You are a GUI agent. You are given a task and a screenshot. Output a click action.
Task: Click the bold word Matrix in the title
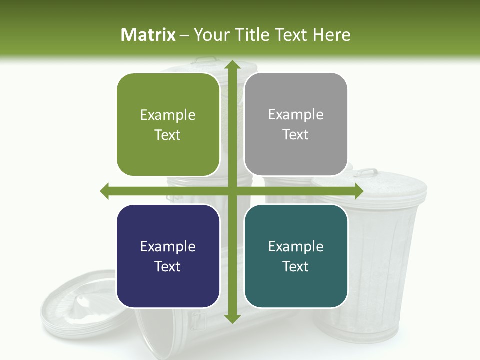click(148, 35)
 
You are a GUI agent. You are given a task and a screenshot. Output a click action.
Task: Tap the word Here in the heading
click(331, 35)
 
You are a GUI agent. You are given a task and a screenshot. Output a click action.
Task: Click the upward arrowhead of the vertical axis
click(232, 64)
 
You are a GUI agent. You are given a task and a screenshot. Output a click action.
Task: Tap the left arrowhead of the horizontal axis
click(105, 191)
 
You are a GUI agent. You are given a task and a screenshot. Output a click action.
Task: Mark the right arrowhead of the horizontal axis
click(358, 191)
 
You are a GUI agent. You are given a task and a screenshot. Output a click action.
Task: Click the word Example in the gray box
click(296, 115)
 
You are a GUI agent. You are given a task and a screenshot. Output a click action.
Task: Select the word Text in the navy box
click(168, 266)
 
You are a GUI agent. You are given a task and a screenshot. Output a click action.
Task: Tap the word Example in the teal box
click(296, 246)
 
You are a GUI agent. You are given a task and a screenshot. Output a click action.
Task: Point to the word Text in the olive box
click(168, 135)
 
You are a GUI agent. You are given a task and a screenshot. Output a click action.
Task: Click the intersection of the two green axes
click(232, 191)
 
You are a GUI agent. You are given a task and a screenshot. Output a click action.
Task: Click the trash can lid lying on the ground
click(80, 305)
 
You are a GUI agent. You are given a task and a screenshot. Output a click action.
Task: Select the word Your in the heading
click(208, 35)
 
